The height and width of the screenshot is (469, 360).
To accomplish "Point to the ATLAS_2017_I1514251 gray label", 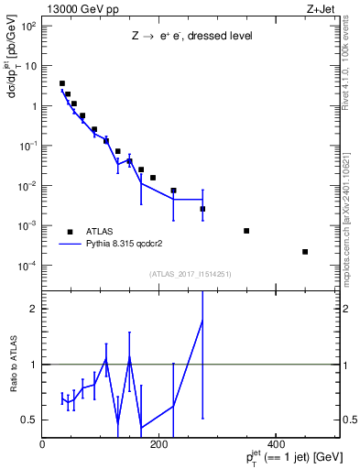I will pos(191,273).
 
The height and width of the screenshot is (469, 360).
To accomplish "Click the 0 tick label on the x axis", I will pos(43,443).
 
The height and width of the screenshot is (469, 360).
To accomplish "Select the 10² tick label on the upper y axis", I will pos(29,27).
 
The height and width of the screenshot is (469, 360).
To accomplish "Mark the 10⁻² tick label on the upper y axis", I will pos(29,186).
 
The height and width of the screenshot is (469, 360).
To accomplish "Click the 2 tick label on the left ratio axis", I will pos(33,309).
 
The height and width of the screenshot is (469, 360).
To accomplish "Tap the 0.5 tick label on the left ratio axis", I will pos(29,420).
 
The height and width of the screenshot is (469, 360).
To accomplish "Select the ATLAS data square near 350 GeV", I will pos(246,231).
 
